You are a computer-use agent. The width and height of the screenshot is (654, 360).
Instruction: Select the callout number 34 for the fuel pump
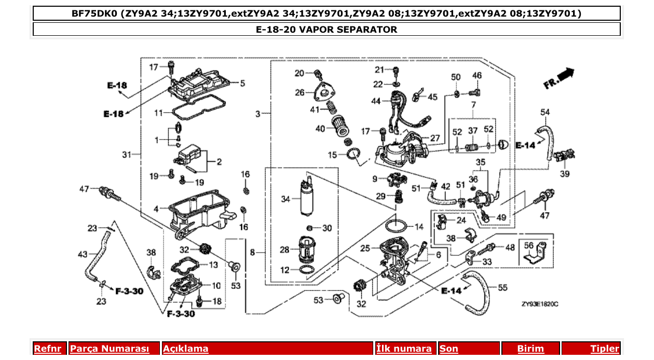point(284,199)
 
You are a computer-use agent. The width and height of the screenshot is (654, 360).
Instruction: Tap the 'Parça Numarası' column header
point(109,349)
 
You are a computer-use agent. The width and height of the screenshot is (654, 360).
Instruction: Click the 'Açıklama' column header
point(186,349)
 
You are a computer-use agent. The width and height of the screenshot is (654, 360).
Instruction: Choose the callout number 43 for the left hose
point(83,254)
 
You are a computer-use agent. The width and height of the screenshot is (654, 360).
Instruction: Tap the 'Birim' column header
point(530,349)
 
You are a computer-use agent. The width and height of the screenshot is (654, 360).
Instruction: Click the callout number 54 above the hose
point(544,112)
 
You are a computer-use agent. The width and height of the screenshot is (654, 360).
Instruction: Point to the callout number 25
point(365,248)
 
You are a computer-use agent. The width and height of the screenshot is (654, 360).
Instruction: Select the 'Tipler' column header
point(605,349)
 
